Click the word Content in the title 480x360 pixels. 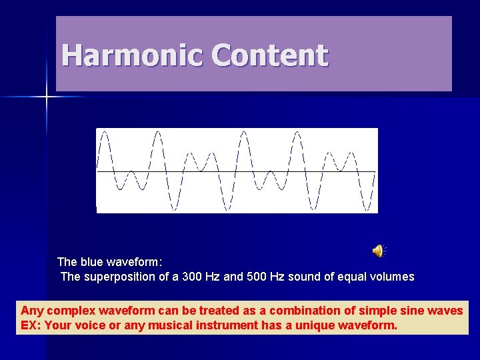coord(270,55)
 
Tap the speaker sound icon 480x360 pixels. coord(378,251)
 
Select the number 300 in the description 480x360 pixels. coord(193,277)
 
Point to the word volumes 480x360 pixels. coord(391,277)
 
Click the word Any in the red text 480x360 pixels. coord(31,311)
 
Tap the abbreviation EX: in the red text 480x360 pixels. coord(31,326)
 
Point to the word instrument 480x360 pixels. coord(225,326)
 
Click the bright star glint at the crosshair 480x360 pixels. coord(47,97)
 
